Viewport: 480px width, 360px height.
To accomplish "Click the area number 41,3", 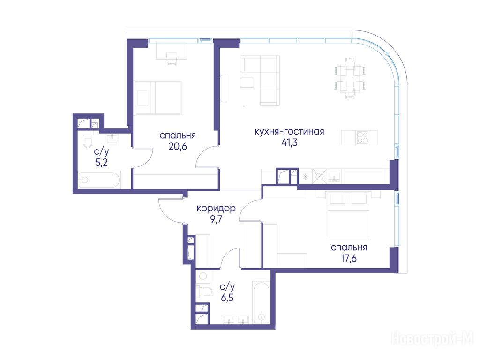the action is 289,143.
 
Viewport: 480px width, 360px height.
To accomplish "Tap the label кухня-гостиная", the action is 289,132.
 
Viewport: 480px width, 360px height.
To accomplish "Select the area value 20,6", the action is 178,147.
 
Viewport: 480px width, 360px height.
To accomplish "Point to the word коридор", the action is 216,209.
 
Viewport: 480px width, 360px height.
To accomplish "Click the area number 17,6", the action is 349,259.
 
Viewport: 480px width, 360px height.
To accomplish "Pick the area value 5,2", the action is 101,163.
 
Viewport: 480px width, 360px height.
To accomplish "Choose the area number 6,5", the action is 227,298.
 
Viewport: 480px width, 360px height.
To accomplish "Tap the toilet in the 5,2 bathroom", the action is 88,140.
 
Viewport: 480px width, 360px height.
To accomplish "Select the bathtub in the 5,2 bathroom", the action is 98,180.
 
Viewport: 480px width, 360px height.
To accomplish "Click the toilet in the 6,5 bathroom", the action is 204,292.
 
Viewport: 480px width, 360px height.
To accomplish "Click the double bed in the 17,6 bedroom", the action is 349,216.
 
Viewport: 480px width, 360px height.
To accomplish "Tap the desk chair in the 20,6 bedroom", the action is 172,59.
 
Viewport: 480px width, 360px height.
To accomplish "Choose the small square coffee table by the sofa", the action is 247,82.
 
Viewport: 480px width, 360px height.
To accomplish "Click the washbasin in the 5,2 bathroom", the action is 112,138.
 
